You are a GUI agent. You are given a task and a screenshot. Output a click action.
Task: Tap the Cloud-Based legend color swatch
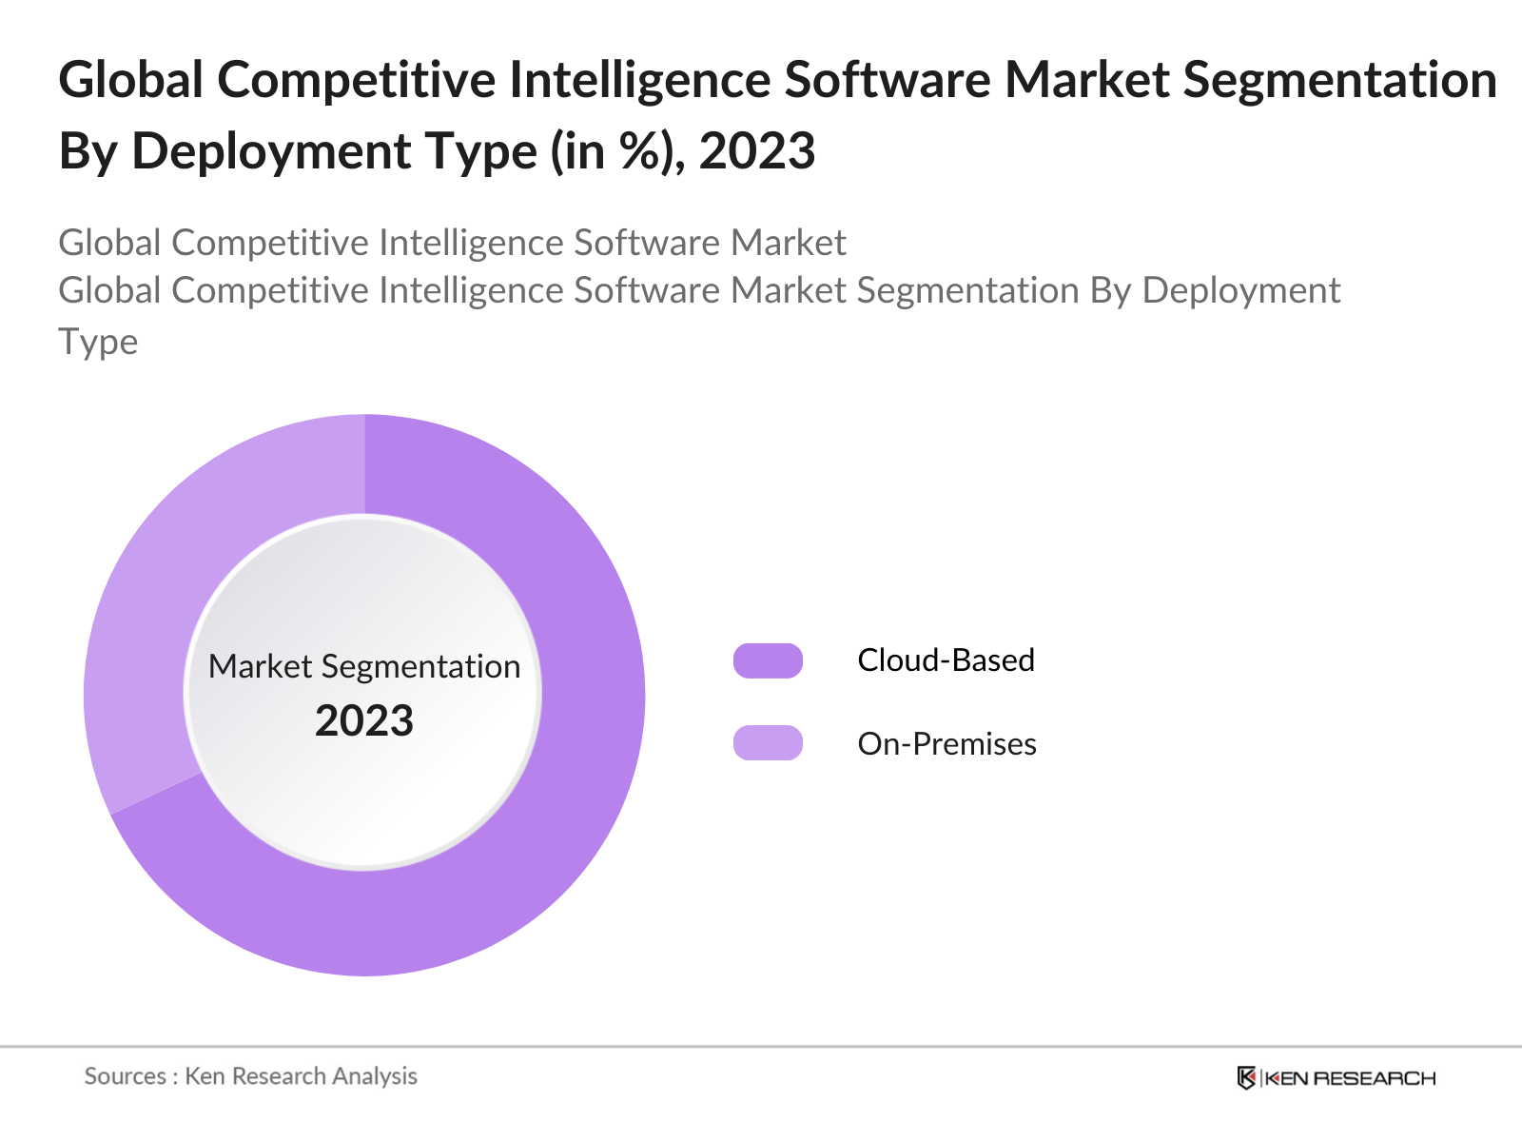click(768, 660)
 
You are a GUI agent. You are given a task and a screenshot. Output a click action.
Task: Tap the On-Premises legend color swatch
click(768, 743)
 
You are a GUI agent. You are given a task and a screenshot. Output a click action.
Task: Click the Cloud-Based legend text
click(946, 660)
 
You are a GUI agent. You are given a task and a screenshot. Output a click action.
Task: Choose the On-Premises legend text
click(946, 744)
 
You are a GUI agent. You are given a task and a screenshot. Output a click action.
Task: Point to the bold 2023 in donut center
click(364, 721)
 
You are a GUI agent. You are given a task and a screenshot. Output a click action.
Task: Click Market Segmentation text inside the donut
click(364, 666)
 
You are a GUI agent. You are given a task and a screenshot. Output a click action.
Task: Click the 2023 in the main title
click(757, 152)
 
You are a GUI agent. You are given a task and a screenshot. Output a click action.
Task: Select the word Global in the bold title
click(130, 80)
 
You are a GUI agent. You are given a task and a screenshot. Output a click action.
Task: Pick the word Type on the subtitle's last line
click(98, 342)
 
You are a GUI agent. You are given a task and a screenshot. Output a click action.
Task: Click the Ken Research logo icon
click(1246, 1078)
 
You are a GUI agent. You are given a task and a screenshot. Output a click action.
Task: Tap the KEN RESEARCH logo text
click(1350, 1078)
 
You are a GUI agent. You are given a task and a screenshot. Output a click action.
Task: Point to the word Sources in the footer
click(125, 1076)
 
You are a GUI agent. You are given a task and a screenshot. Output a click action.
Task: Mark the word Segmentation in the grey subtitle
click(967, 290)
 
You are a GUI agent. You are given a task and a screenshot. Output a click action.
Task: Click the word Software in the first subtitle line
click(646, 243)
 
